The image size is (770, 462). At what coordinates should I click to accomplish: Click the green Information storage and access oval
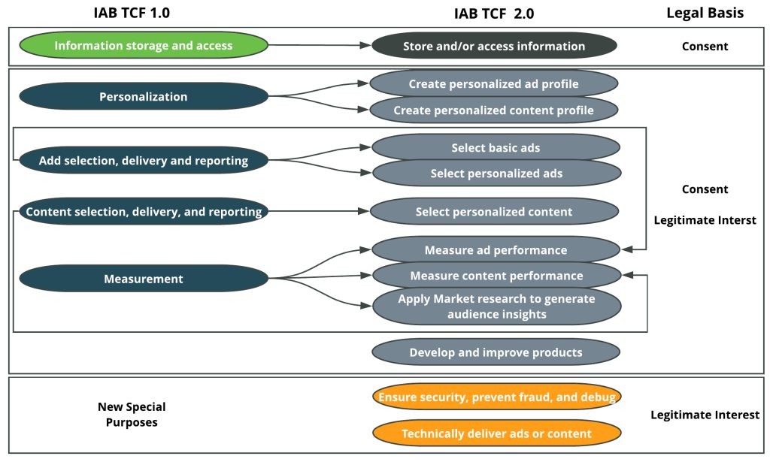(144, 45)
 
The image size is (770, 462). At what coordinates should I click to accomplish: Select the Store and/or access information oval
(494, 46)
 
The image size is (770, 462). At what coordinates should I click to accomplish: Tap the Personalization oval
(144, 96)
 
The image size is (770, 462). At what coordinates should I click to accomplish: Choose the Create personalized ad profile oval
(494, 84)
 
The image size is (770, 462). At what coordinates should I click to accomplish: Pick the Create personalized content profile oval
(494, 110)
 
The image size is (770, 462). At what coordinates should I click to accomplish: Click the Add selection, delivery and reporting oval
(144, 160)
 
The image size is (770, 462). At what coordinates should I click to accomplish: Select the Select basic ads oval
(496, 148)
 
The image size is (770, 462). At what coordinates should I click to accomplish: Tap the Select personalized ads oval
(496, 174)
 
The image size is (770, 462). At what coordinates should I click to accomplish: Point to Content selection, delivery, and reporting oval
(144, 212)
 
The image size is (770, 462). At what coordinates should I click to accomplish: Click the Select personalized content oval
(494, 212)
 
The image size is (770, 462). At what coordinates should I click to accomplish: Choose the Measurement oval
(144, 279)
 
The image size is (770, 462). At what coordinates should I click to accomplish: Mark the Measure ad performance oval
(496, 250)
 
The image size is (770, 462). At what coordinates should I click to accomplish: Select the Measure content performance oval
(496, 276)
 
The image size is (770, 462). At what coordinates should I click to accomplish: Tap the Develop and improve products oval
(496, 352)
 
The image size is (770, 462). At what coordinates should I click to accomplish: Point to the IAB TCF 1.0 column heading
(143, 12)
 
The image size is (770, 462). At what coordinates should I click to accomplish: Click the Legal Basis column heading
(705, 13)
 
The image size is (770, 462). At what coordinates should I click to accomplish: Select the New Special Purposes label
(132, 415)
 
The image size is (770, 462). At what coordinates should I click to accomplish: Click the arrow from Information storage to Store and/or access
(320, 45)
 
